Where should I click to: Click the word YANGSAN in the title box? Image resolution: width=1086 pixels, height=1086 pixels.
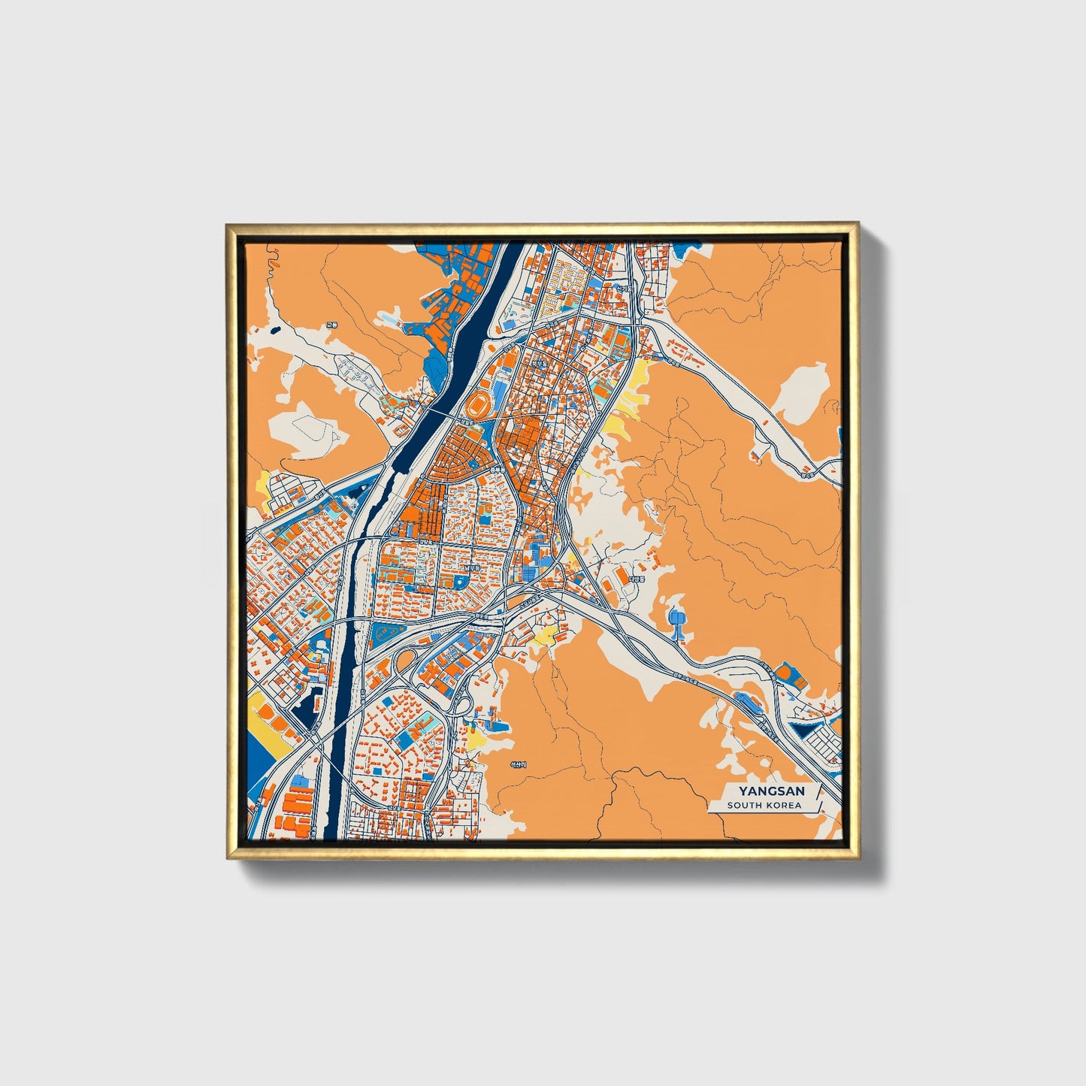point(771,791)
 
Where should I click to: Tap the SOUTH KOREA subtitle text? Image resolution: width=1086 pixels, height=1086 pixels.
point(764,806)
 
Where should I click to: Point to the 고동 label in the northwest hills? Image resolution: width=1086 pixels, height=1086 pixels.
point(331,325)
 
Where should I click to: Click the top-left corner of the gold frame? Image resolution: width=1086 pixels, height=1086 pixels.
point(228,225)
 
